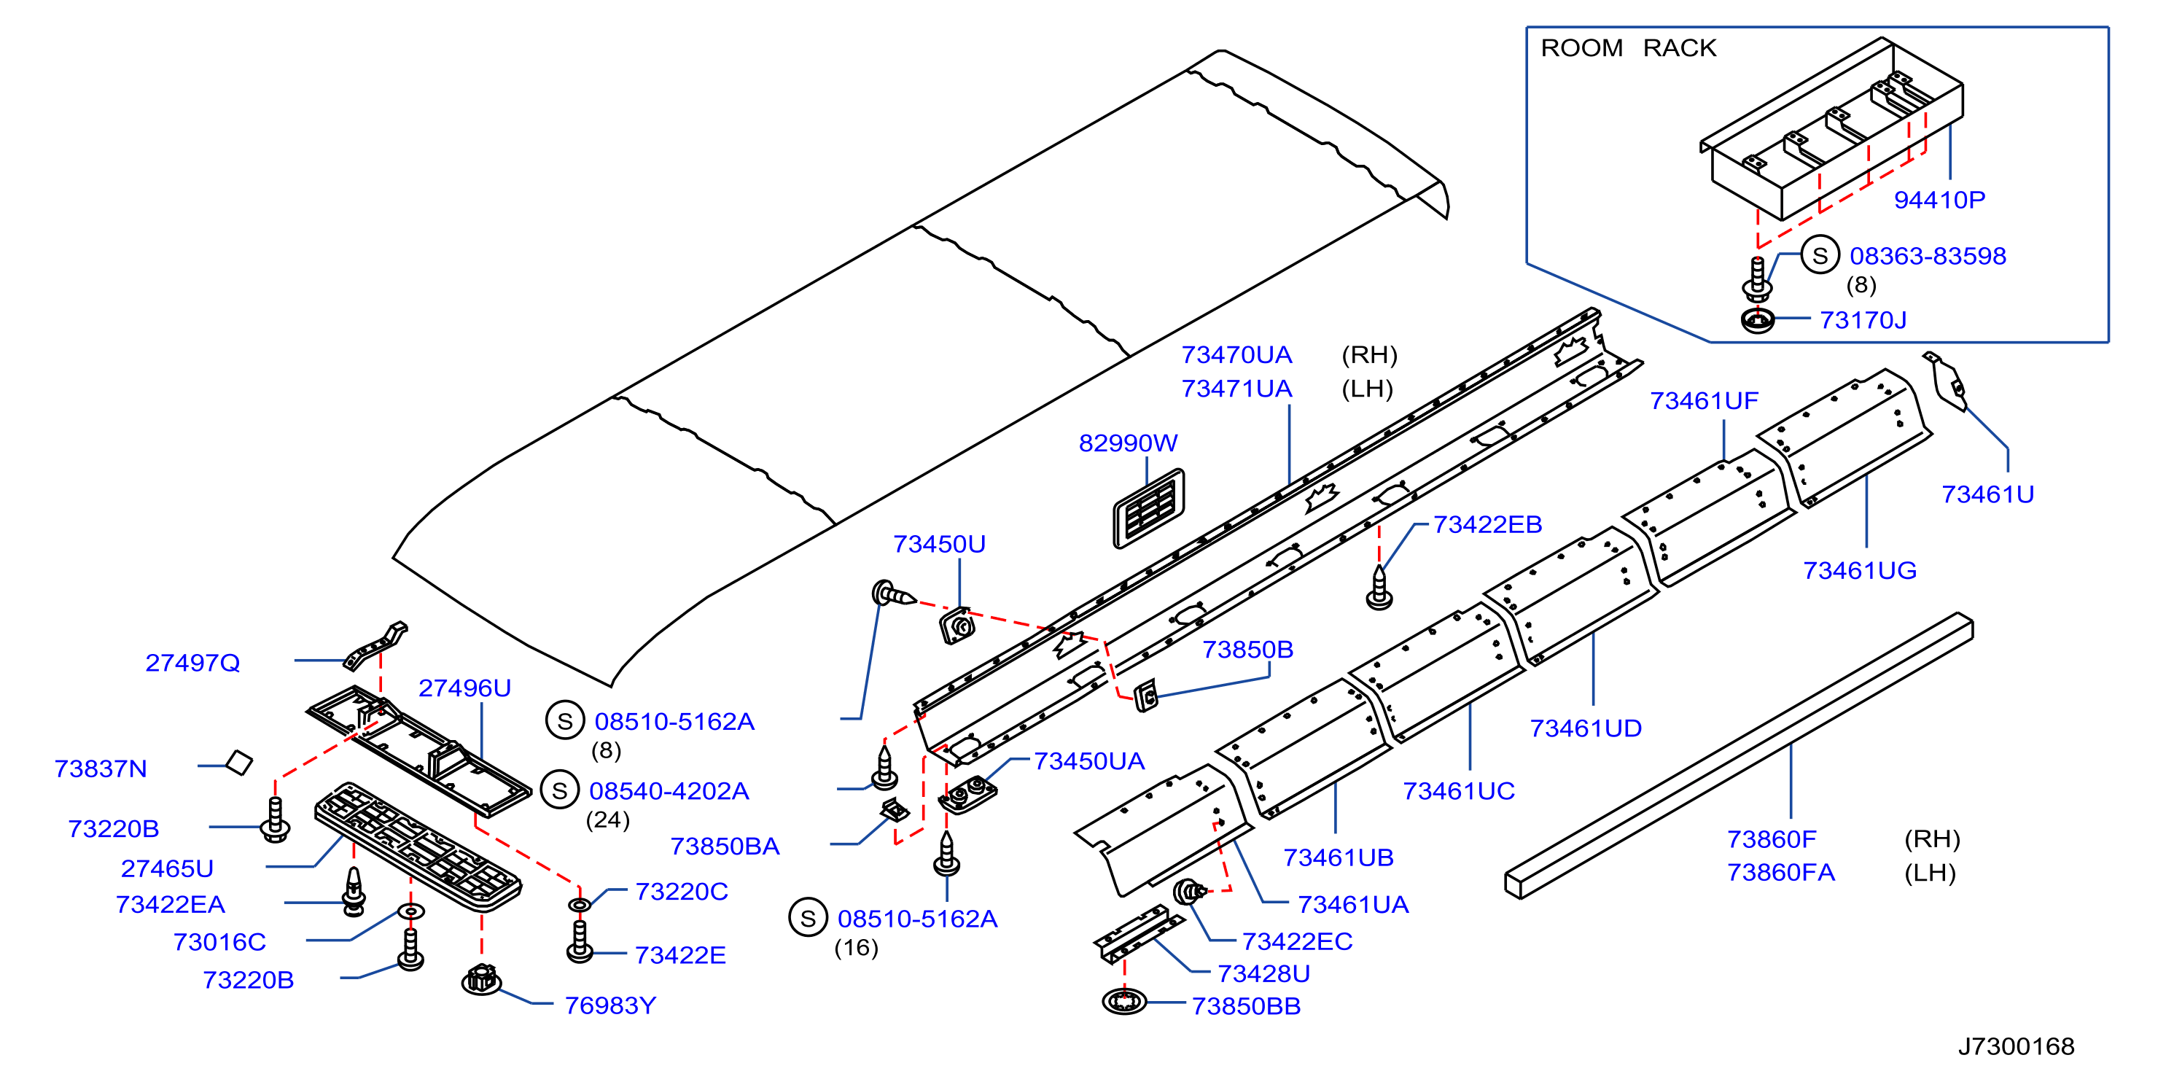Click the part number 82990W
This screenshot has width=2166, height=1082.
pyautogui.click(x=1128, y=443)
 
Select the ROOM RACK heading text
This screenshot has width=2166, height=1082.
pyautogui.click(x=1628, y=48)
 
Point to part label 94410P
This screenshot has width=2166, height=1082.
pyautogui.click(x=1939, y=200)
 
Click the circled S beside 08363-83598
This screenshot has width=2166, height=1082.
pyautogui.click(x=1820, y=256)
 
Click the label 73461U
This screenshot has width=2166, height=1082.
pyautogui.click(x=1987, y=494)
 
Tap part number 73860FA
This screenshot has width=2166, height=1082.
pyautogui.click(x=1780, y=873)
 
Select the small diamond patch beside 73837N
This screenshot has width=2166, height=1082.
pyautogui.click(x=240, y=763)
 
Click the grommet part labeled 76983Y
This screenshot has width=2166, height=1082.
pyautogui.click(x=482, y=979)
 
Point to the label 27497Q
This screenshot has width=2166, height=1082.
pyautogui.click(x=192, y=663)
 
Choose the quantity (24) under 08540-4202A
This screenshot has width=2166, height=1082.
pyautogui.click(x=607, y=820)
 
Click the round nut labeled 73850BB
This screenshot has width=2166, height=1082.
pyautogui.click(x=1124, y=1001)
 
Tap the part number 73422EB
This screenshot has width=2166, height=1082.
pyautogui.click(x=1487, y=525)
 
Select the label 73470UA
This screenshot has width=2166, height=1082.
pyautogui.click(x=1236, y=355)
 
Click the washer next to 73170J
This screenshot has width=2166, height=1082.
pyautogui.click(x=1757, y=320)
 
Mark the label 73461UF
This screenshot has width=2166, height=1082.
pyautogui.click(x=1704, y=401)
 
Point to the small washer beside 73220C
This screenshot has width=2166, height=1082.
pyautogui.click(x=580, y=905)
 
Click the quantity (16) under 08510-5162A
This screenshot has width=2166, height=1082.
pyautogui.click(x=856, y=949)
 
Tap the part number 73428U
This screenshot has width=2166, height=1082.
pyautogui.click(x=1263, y=973)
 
